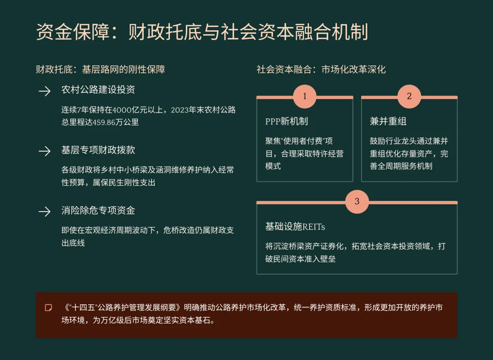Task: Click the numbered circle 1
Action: tap(304, 96)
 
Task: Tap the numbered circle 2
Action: tap(409, 96)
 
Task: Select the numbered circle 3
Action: tap(357, 201)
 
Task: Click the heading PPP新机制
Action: tap(287, 122)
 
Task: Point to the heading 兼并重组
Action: tap(388, 122)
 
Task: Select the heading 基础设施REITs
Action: tap(295, 227)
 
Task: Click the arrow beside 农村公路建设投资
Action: tap(44, 91)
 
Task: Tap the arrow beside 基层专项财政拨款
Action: tap(44, 151)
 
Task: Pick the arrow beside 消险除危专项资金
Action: tap(44, 212)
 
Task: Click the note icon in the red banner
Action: tap(48, 307)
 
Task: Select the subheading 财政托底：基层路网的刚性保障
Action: tap(100, 69)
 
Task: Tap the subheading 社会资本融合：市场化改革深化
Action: tap(321, 69)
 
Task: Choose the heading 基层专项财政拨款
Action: tap(98, 150)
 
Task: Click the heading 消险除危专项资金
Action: tap(98, 211)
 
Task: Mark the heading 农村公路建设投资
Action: tap(98, 90)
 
